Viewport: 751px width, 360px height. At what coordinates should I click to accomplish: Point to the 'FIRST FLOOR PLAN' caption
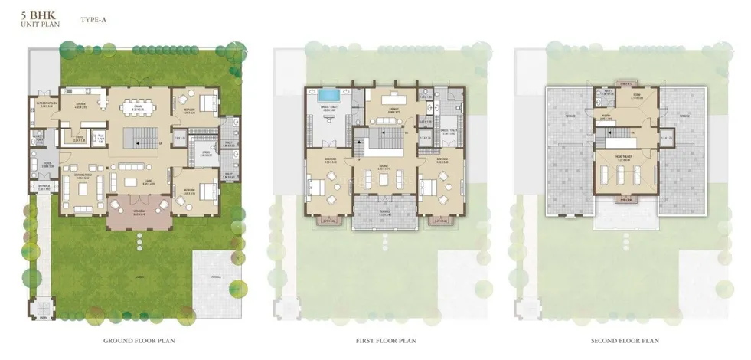[380, 340]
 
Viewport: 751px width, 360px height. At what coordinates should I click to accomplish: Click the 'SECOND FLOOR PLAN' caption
[626, 340]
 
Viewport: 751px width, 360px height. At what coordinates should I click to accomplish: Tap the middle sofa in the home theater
[626, 175]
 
